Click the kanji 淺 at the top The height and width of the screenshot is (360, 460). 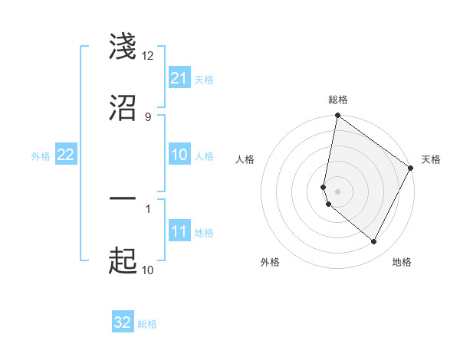(123, 47)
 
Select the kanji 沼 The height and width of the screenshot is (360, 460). (123, 108)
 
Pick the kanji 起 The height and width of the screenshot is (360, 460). (123, 261)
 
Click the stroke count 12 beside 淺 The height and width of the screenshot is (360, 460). (148, 56)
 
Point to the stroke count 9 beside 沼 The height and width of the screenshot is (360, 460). (147, 116)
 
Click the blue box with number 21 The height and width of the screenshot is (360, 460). (179, 78)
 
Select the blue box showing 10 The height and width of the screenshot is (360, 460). (179, 155)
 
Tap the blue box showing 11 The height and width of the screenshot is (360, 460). (179, 231)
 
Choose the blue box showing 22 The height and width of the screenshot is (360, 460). (65, 155)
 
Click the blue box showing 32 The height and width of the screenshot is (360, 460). (123, 322)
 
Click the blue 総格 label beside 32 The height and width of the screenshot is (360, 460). (147, 325)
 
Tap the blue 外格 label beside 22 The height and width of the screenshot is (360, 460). (41, 156)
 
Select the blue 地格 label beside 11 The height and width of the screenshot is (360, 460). (204, 233)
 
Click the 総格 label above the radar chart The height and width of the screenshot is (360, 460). (338, 100)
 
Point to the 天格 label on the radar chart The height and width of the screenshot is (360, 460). (431, 159)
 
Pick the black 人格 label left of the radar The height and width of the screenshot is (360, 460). (245, 159)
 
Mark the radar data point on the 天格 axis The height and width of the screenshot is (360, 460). (411, 169)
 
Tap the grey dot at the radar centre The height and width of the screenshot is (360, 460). (337, 191)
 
